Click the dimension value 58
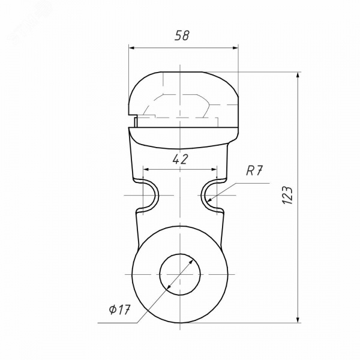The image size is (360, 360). coord(182,36)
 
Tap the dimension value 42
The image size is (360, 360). coord(180,159)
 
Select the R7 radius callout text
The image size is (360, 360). coord(254,170)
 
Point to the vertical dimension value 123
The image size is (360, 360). coord(287,195)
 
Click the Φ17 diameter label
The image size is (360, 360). coord(119,310)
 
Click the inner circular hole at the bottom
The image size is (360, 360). coord(180,274)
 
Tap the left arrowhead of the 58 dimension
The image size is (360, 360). coord(131,48)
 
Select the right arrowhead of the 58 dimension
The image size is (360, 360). coord(235,48)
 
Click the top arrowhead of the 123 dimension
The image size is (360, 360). coord(298,75)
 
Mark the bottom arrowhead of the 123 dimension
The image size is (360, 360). coord(298,320)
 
